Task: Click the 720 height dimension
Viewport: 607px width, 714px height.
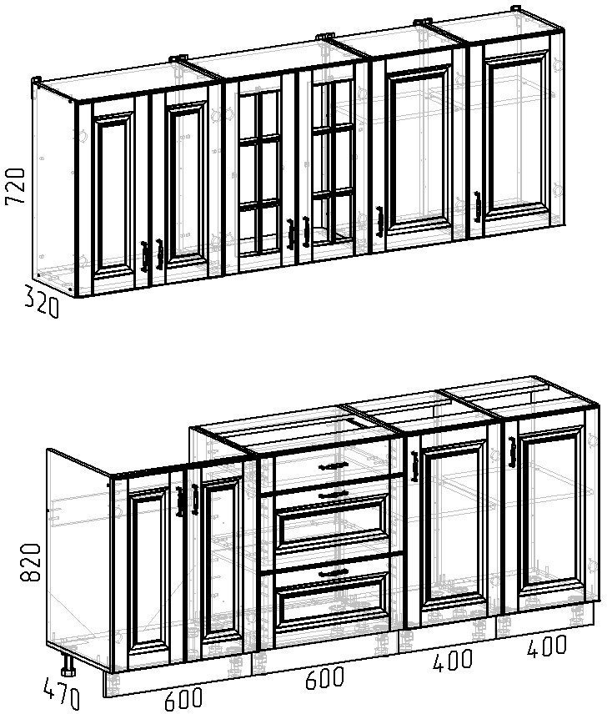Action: [14, 186]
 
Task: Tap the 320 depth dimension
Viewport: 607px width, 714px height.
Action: [41, 301]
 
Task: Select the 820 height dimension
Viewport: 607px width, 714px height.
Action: [31, 562]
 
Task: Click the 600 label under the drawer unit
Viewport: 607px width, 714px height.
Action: [324, 677]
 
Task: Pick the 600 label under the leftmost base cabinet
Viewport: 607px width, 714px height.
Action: [183, 699]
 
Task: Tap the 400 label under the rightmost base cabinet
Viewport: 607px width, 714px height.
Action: [547, 646]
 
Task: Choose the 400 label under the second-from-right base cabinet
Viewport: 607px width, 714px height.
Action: [453, 661]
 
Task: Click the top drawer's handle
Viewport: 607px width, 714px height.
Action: [333, 465]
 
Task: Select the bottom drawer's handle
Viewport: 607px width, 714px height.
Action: [334, 572]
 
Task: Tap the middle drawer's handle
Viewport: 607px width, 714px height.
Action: [334, 494]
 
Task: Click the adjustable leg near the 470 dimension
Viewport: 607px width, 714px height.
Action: [68, 666]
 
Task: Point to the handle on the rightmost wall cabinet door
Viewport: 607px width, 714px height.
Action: [477, 207]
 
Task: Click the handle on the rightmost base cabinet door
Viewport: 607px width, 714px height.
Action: [512, 452]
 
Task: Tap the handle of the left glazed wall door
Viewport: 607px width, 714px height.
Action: [290, 234]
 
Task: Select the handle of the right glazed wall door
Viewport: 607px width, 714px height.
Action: [306, 232]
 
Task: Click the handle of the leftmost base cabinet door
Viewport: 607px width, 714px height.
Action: [179, 501]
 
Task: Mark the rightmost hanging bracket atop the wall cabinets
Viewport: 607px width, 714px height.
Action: [515, 8]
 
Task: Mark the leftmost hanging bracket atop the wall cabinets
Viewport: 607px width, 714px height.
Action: [37, 81]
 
